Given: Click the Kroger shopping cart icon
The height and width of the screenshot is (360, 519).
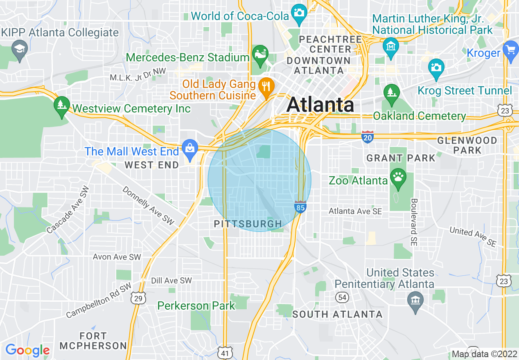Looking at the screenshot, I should [x=510, y=51].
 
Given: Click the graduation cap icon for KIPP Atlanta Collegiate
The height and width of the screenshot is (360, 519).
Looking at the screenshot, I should [x=19, y=49].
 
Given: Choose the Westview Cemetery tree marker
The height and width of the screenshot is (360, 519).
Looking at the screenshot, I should [x=61, y=105].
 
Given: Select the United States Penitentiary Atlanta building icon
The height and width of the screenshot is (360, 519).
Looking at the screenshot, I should [x=415, y=301].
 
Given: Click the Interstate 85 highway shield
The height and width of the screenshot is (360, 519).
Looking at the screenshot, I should [x=300, y=207].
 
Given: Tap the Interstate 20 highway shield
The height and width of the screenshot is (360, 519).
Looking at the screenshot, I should [x=368, y=137].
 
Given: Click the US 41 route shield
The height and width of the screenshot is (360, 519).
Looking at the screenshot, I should [x=226, y=353].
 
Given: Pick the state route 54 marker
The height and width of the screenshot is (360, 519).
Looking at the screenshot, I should [x=342, y=297].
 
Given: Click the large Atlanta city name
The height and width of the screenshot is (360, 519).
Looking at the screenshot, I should [x=320, y=105].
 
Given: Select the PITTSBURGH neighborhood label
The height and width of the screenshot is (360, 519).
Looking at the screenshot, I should [x=248, y=224].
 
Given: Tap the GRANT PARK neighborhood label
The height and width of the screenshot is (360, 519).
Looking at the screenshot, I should [x=401, y=158].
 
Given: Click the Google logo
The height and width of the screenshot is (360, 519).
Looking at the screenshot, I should [x=27, y=350].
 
